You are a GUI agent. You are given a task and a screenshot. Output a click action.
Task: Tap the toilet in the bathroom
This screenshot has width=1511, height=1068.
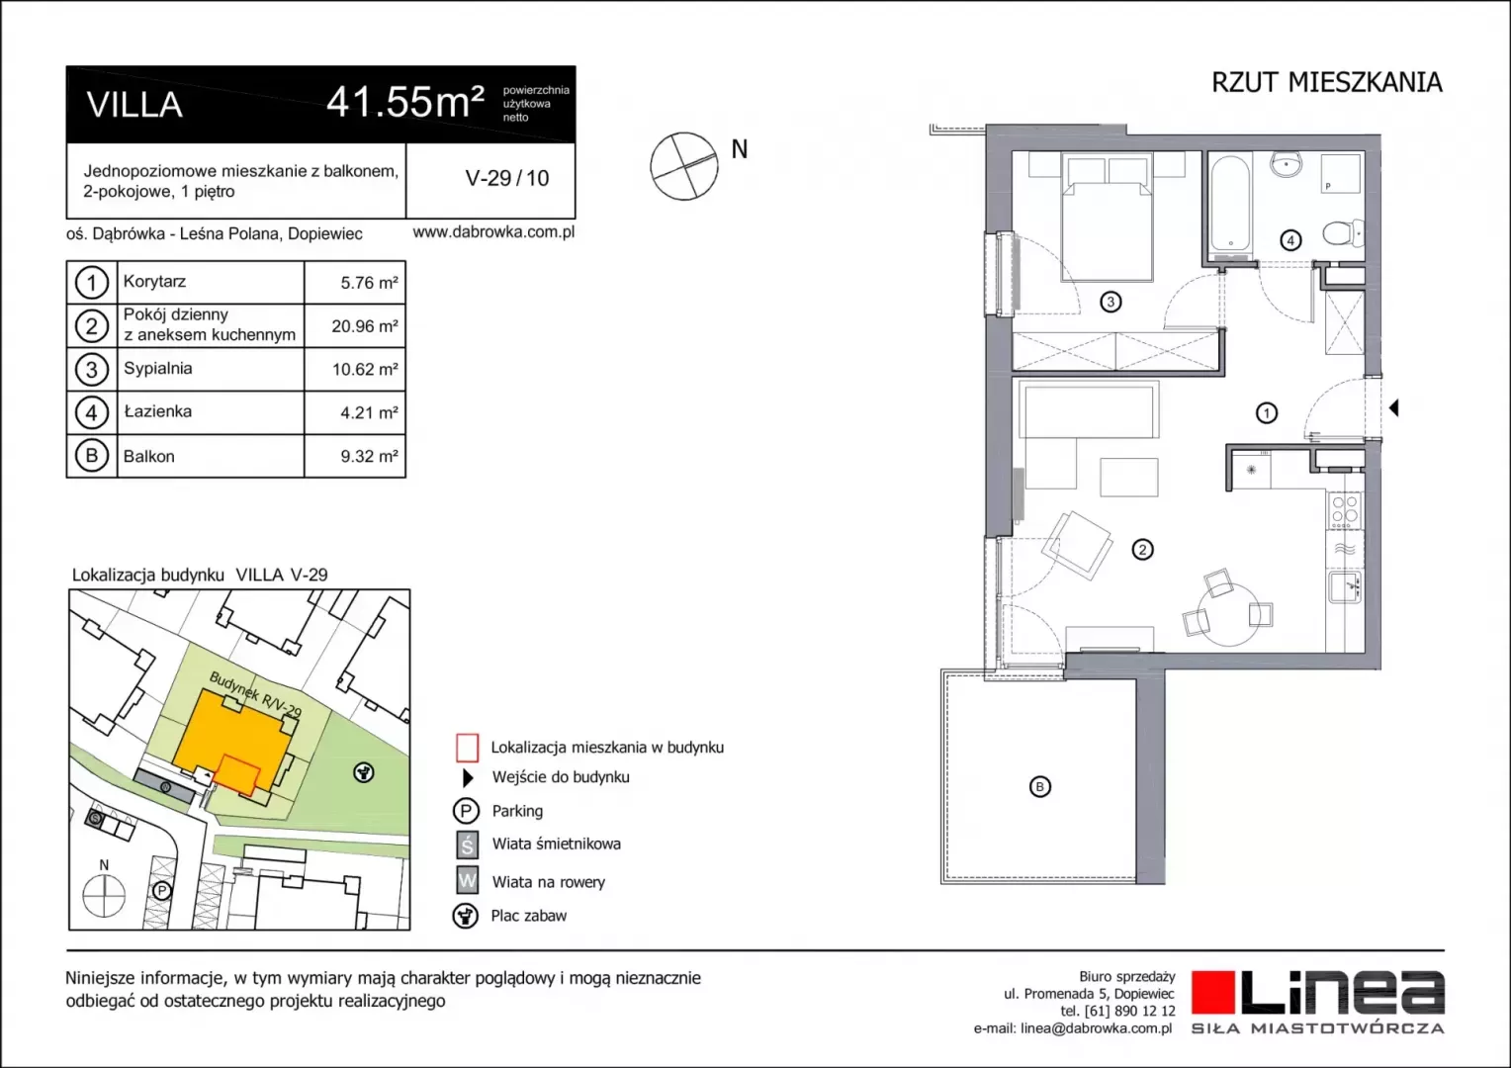pos(1343,233)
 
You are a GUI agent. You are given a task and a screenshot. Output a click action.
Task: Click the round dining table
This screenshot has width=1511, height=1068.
pos(1230,613)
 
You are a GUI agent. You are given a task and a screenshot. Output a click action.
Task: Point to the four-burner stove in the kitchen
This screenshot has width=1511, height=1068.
pos(1345,510)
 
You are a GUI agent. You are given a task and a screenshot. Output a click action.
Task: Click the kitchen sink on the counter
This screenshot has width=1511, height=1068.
pos(1345,586)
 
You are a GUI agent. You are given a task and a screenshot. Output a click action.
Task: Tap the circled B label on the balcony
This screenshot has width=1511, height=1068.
pos(1039,787)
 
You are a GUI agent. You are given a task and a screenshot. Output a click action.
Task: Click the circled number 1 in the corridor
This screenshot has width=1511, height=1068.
pos(1266,413)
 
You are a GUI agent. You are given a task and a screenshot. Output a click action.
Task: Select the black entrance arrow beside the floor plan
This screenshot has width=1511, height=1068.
pos(1393,407)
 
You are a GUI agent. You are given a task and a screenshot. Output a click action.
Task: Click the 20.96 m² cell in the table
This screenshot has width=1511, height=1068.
pos(364,326)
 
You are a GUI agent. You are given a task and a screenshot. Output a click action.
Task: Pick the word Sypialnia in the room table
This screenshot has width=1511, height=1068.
pos(158,369)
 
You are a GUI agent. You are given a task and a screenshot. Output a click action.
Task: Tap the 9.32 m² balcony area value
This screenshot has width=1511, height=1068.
pos(369,456)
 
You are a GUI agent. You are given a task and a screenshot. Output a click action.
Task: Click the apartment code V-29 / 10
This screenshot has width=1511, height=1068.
pos(507,178)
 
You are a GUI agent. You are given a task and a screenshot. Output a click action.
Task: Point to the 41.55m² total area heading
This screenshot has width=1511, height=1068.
pos(405,103)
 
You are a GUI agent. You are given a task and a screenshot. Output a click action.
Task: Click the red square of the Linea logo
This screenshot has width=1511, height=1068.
pos(1212,992)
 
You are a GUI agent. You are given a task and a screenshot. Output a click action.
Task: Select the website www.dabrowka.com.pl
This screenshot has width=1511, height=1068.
pos(493,232)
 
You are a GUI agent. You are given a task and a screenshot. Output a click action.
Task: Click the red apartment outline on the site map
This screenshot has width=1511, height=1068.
pos(236,776)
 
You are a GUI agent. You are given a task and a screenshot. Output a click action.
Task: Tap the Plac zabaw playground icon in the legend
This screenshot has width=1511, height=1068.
pos(466,916)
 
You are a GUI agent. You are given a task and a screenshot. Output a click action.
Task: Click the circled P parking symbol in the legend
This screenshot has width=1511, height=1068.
pos(466,810)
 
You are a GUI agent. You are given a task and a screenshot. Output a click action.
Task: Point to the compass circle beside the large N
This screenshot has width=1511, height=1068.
pos(684,166)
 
